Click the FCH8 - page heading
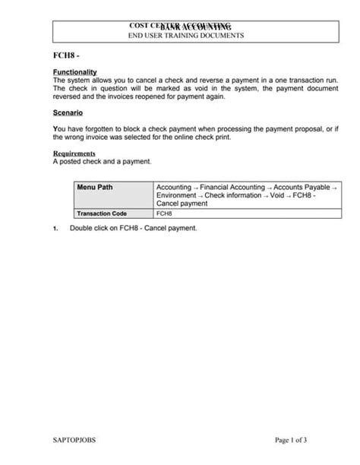tap(65, 57)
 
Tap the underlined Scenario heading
tap(68, 112)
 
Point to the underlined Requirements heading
tap(74, 153)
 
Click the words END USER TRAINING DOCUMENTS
tap(185, 36)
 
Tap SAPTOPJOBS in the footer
tap(74, 440)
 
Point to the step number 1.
tap(55, 229)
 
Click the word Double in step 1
tap(81, 228)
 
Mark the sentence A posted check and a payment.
tap(102, 161)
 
